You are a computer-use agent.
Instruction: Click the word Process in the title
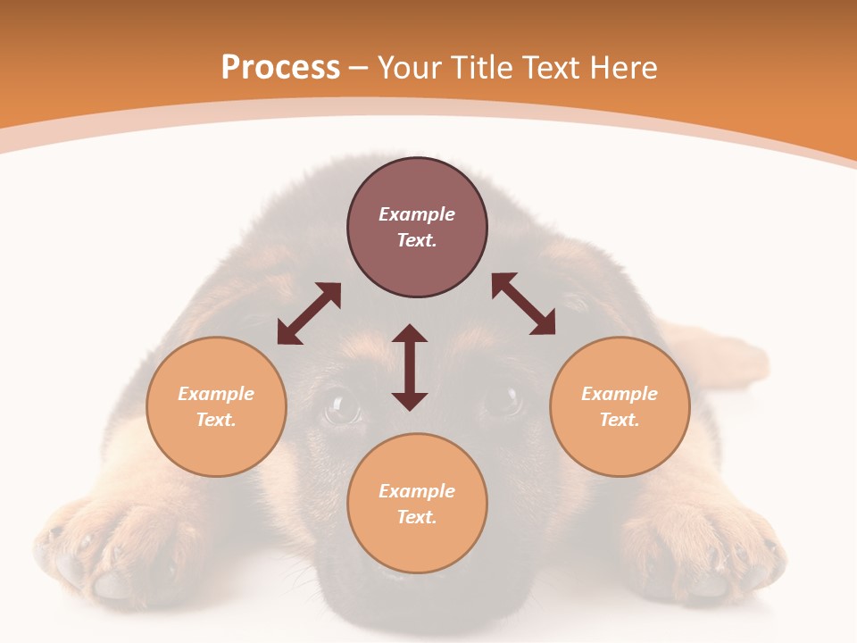point(280,67)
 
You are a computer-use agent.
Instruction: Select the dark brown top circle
point(417,227)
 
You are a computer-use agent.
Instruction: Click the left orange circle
point(216,406)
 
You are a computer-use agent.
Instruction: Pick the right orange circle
point(620,406)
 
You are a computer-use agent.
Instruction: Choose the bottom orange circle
point(417,503)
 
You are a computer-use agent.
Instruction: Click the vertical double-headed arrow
point(410,367)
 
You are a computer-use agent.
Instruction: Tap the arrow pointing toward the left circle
point(309,313)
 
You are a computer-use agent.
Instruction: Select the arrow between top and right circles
point(524,305)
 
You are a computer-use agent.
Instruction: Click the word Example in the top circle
point(417,214)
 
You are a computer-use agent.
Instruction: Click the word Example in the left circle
point(216,394)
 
